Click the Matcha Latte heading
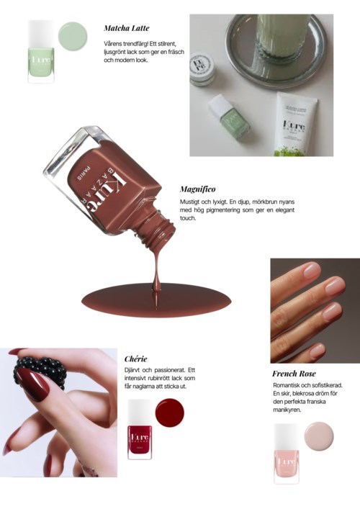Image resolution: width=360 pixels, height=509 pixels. click(127, 28)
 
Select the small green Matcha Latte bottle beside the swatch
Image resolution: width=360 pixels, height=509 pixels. click(41, 51)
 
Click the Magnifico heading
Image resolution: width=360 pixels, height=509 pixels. click(197, 189)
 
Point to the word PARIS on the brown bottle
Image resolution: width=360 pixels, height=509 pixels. click(82, 173)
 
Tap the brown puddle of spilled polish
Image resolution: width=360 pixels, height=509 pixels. click(156, 300)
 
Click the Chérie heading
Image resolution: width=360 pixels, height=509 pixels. click(135, 359)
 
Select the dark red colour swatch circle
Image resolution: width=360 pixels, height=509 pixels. click(170, 413)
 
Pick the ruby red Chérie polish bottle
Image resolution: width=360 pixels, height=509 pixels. click(140, 430)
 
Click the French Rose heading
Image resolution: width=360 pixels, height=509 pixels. click(294, 374)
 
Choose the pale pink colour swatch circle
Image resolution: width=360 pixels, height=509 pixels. click(319, 436)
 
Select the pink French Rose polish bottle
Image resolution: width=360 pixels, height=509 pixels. click(287, 454)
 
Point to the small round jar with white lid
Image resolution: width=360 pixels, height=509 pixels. click(202, 69)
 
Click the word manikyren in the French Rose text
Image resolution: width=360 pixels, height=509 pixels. click(287, 410)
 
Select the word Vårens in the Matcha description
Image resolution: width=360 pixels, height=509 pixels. click(112, 43)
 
